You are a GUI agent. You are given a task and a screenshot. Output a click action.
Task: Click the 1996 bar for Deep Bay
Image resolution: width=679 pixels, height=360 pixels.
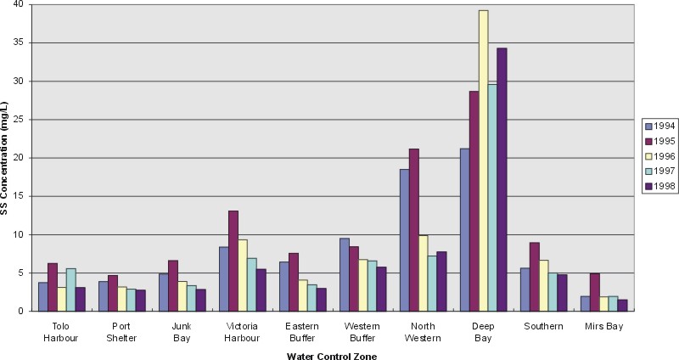484,161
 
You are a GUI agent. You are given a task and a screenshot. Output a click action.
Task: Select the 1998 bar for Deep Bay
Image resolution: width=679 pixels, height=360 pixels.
502,180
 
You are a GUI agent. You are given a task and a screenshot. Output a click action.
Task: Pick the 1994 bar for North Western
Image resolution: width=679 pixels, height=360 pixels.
404,240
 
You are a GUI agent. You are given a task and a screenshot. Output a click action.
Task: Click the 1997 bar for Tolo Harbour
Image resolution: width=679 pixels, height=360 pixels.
70,290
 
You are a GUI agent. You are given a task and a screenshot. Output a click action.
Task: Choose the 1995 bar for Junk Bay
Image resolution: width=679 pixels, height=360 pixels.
172,285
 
